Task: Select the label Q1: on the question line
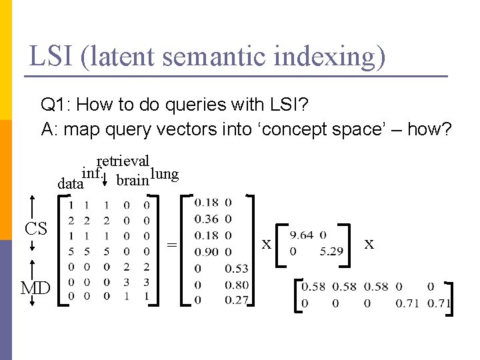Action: tap(56, 105)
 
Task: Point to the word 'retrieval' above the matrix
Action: tap(123, 161)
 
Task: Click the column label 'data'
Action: tap(70, 183)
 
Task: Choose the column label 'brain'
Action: tap(132, 181)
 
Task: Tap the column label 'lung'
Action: tap(165, 175)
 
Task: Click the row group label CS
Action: tap(35, 229)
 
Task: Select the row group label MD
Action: tap(35, 289)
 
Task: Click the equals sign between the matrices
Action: tap(171, 245)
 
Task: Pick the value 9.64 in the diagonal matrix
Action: tap(301, 235)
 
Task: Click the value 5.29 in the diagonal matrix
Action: tap(331, 251)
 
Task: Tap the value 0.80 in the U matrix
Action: tap(237, 285)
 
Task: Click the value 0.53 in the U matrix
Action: tap(237, 269)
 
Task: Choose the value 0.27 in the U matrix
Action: tap(237, 301)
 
